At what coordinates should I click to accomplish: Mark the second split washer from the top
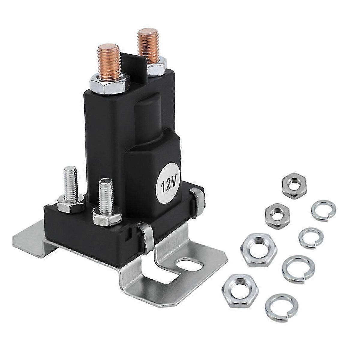[x=310, y=237]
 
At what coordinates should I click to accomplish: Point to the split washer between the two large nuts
[x=297, y=266]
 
